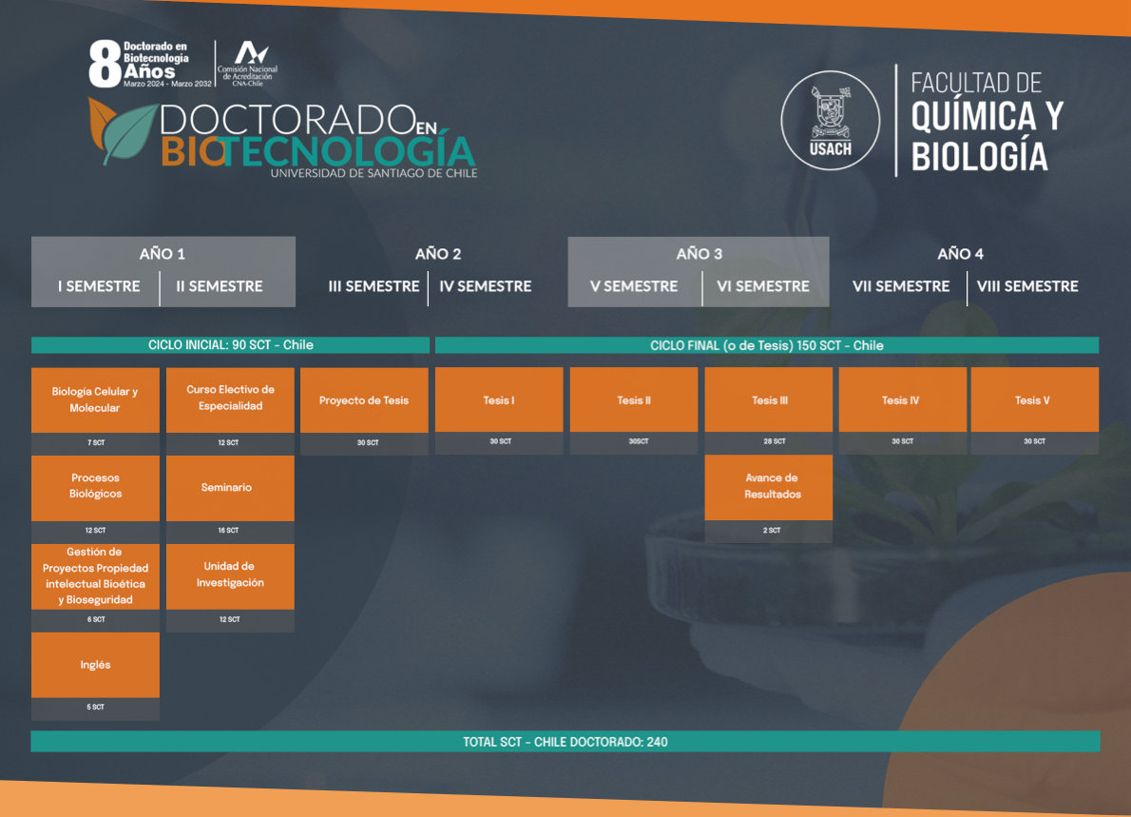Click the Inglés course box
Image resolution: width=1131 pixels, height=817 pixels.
[x=95, y=665]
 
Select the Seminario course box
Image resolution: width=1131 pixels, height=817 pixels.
[x=230, y=488]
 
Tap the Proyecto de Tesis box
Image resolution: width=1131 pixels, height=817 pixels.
[x=364, y=400]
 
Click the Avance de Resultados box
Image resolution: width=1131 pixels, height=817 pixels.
[x=768, y=487]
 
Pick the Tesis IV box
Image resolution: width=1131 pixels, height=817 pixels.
[x=902, y=399]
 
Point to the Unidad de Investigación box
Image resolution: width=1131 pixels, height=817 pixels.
[x=230, y=576]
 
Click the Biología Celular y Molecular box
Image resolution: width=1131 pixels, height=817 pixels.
[x=95, y=400]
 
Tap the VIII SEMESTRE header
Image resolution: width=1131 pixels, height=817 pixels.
[x=1027, y=286]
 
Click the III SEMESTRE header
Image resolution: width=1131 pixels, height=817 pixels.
[x=374, y=286]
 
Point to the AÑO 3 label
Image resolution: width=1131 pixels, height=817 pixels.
[x=699, y=254]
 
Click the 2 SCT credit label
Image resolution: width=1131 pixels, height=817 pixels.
[x=772, y=531]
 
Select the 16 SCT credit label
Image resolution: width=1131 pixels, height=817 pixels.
[x=228, y=531]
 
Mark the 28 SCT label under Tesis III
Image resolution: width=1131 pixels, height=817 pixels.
[x=775, y=441]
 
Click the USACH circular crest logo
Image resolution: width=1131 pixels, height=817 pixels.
[x=831, y=120]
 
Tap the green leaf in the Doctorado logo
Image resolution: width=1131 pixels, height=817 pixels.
[x=130, y=133]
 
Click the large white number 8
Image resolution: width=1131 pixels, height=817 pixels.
[x=105, y=64]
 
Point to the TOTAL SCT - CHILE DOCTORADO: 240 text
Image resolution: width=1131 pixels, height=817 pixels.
[x=565, y=742]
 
